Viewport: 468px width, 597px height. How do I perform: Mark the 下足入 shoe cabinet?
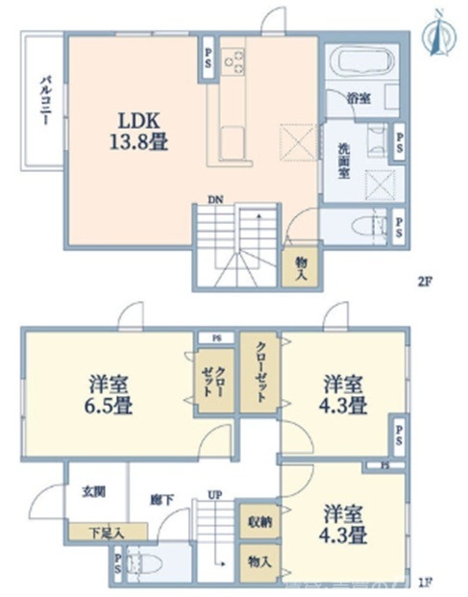[x=106, y=532]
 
